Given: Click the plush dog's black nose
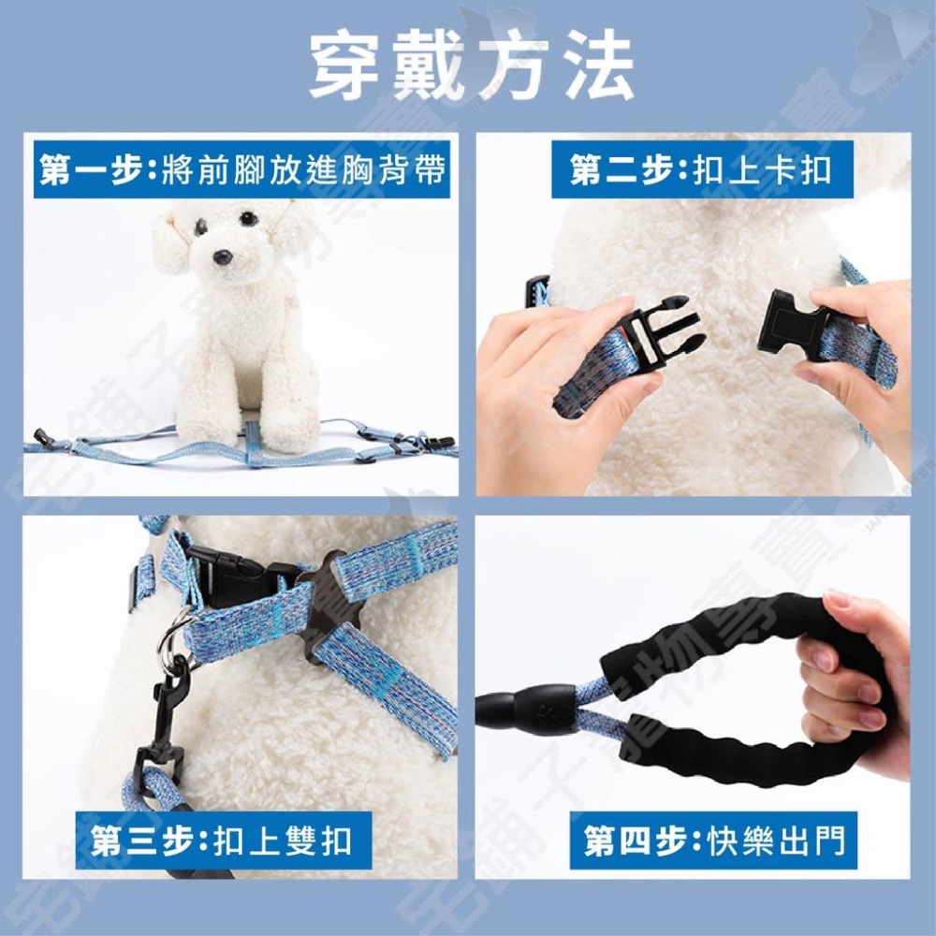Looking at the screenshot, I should click(x=223, y=256).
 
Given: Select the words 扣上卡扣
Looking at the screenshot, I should click(x=762, y=170).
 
